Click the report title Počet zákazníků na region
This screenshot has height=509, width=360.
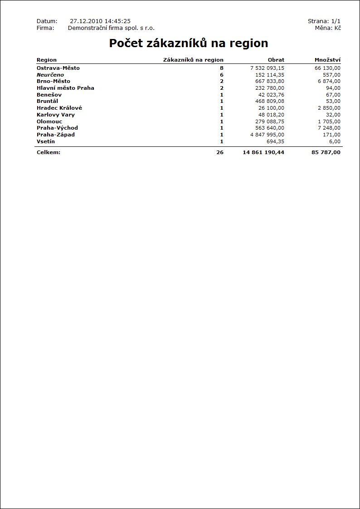[189, 44]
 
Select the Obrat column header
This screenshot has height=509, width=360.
[276, 60]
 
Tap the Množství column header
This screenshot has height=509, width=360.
[327, 60]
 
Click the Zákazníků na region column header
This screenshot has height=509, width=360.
[193, 60]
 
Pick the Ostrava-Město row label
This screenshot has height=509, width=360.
[58, 68]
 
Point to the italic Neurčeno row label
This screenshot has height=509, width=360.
[50, 75]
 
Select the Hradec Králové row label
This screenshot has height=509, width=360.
[59, 108]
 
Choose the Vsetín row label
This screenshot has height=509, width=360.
[46, 141]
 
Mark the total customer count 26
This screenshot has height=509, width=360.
[220, 152]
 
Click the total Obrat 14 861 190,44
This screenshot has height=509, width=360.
[263, 152]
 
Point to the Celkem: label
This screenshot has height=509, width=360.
[49, 152]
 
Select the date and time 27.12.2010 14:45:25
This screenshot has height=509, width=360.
[100, 21]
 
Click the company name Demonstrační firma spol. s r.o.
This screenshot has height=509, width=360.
[111, 28]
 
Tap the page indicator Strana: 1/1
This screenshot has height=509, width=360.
[324, 21]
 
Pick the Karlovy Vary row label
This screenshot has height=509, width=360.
[56, 115]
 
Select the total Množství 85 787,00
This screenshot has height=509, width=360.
[326, 152]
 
